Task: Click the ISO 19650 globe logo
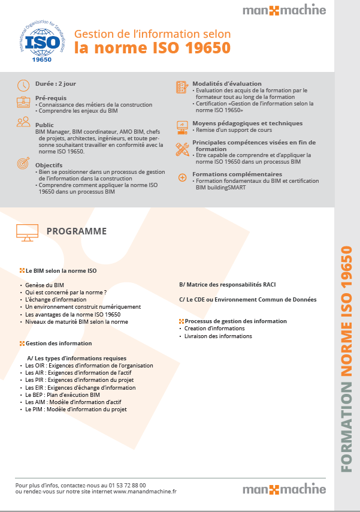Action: (40, 41)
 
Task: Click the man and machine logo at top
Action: (284, 10)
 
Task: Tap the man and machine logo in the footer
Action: (284, 489)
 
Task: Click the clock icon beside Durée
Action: (23, 85)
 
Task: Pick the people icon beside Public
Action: (23, 122)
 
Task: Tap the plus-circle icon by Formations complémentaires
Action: (182, 177)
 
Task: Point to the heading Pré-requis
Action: (51, 98)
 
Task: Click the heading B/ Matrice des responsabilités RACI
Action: (227, 285)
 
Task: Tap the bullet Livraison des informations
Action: (218, 336)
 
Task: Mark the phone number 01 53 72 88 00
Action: (127, 485)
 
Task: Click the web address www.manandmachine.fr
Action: (145, 492)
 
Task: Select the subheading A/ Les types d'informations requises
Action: (77, 358)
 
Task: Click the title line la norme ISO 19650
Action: (152, 47)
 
